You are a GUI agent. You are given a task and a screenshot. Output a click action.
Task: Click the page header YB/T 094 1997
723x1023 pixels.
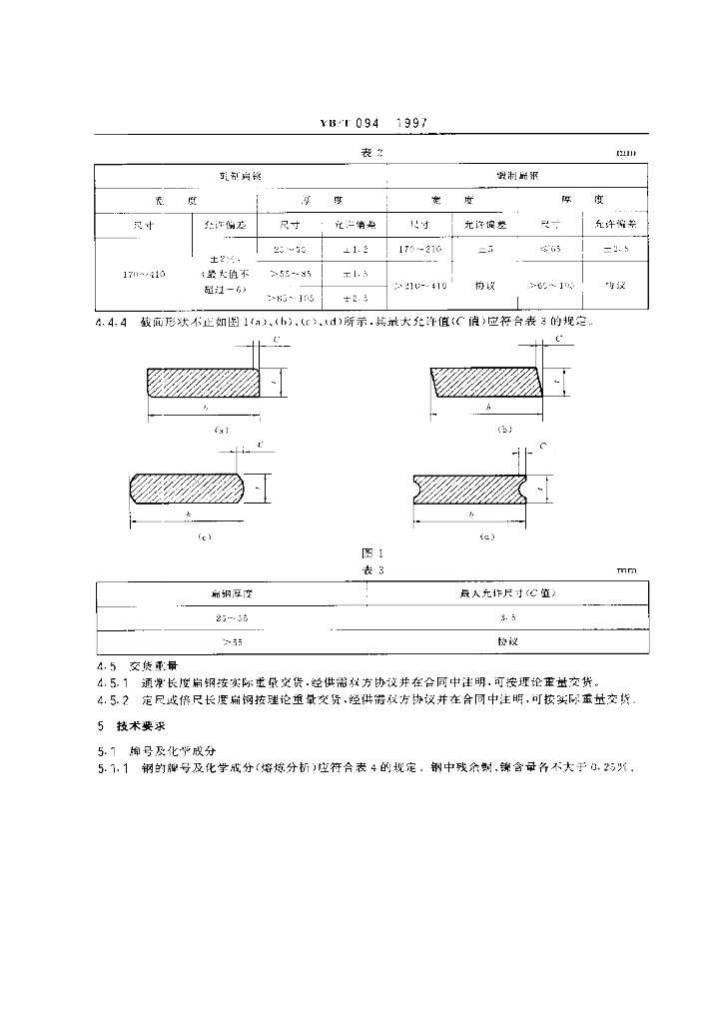click(373, 123)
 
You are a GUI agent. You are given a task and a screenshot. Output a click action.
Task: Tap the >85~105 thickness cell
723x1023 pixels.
click(292, 298)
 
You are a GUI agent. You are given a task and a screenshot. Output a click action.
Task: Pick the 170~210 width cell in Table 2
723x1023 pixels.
click(418, 248)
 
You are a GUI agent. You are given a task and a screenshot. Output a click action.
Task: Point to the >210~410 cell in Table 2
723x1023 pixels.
click(419, 286)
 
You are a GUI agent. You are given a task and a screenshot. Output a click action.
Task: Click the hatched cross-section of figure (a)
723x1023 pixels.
click(203, 381)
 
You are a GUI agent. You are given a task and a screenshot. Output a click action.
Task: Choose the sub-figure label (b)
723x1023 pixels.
click(503, 430)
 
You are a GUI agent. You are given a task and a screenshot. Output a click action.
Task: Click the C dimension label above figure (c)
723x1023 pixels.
click(260, 444)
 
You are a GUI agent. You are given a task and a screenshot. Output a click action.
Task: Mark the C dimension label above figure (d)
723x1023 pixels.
click(542, 445)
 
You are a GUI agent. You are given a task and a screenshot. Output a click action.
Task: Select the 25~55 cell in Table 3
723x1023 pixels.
click(232, 618)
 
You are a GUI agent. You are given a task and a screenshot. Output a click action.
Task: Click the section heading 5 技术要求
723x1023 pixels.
click(137, 725)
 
